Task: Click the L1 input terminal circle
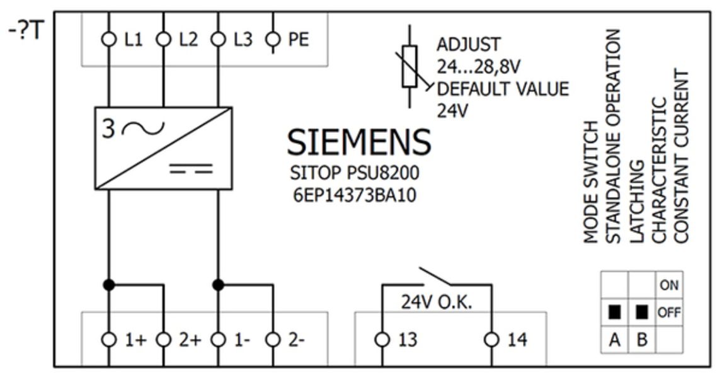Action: pyautogui.click(x=109, y=40)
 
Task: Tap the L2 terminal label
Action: pyautogui.click(x=188, y=40)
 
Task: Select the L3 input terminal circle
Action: pyautogui.click(x=218, y=40)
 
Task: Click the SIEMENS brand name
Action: pyautogui.click(x=358, y=142)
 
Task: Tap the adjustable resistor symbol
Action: pyautogui.click(x=410, y=66)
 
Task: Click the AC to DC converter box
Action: pyautogui.click(x=163, y=148)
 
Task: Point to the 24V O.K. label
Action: pyautogui.click(x=437, y=302)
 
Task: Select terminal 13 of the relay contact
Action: pyautogui.click(x=382, y=340)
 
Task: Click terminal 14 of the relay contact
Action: pyautogui.click(x=491, y=340)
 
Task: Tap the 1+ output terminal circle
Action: pyautogui.click(x=109, y=340)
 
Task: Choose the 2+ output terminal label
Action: pyautogui.click(x=189, y=340)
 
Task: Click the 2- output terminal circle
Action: pyautogui.click(x=272, y=340)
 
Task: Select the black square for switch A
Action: pyautogui.click(x=614, y=312)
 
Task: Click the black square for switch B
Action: pyautogui.click(x=642, y=312)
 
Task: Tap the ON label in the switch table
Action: pyautogui.click(x=669, y=285)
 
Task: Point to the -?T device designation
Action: pyautogui.click(x=25, y=31)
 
